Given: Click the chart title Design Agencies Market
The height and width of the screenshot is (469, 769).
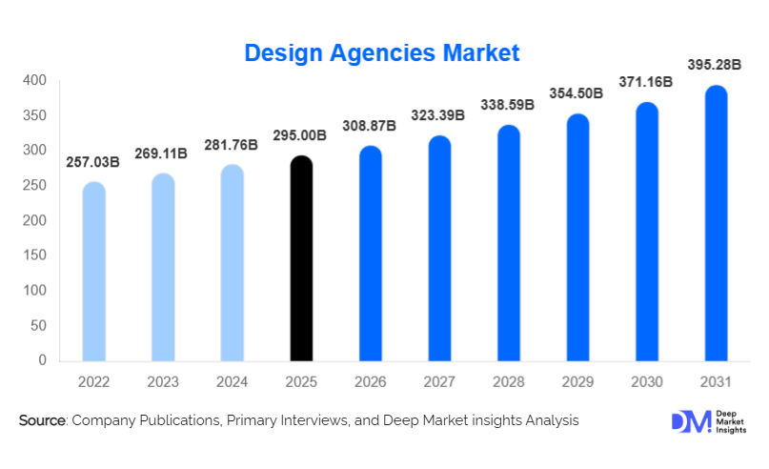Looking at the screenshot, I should pyautogui.click(x=382, y=52).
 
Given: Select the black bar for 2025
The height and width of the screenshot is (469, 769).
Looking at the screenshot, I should pyautogui.click(x=301, y=259).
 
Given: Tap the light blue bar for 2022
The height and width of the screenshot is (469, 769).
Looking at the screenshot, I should pyautogui.click(x=94, y=273).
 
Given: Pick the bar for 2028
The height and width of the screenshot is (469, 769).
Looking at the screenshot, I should pyautogui.click(x=509, y=244).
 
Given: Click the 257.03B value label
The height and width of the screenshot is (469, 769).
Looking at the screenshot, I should pyautogui.click(x=93, y=162).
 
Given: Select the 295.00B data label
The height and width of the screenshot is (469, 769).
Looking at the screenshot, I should pyautogui.click(x=301, y=135).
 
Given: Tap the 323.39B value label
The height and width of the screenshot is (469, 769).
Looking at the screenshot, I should pyautogui.click(x=439, y=115).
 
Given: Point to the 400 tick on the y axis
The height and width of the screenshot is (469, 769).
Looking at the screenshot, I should pyautogui.click(x=35, y=81).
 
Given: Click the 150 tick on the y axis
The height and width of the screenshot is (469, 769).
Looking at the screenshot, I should pyautogui.click(x=35, y=255).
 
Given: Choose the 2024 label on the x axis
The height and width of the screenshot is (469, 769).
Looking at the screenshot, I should pyautogui.click(x=233, y=382).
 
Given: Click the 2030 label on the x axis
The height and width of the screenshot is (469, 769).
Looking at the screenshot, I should pyautogui.click(x=647, y=382).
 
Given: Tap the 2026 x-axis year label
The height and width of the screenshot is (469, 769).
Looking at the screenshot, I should pyautogui.click(x=371, y=382).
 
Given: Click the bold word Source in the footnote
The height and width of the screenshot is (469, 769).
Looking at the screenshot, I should pyautogui.click(x=41, y=420).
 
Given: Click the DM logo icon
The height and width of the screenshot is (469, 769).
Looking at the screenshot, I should pyautogui.click(x=690, y=422).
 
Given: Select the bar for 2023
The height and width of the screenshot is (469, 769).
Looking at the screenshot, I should pyautogui.click(x=163, y=268).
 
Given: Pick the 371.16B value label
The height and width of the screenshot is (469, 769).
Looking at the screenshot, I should pyautogui.click(x=647, y=83).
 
